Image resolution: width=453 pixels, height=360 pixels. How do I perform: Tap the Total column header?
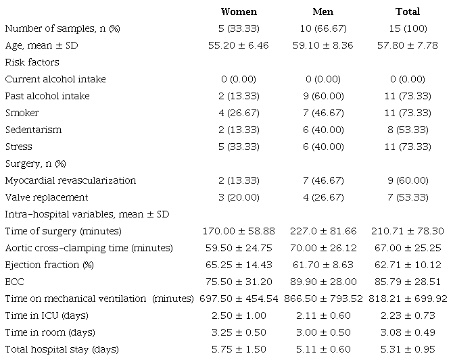click(407, 11)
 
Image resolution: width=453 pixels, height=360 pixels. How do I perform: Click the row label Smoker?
click(22, 113)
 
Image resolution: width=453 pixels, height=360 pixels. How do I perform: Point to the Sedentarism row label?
click(32, 130)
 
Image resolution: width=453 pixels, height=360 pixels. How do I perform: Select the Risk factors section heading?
click(32, 62)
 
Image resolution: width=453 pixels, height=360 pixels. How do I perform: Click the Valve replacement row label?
click(47, 197)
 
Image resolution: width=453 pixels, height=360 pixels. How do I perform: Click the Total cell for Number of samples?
click(407, 28)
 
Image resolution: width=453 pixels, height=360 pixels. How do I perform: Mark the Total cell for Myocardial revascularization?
click(407, 180)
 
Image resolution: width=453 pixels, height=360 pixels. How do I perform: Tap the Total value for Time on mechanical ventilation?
click(407, 299)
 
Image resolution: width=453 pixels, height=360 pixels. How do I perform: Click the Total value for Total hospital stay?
click(407, 349)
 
